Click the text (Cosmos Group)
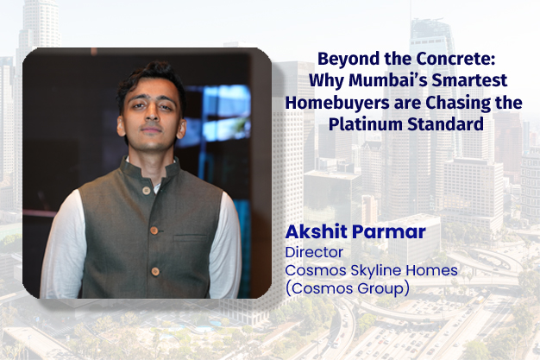pos(346,287)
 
